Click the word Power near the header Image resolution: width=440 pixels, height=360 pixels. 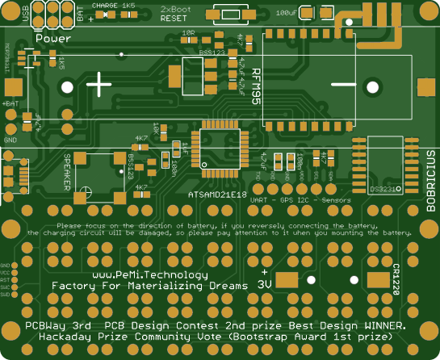tap(52, 38)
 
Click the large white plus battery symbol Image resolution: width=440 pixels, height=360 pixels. tap(98, 83)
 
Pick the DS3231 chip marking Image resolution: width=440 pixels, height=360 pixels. tap(383, 189)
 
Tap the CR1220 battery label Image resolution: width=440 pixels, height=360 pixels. tap(397, 279)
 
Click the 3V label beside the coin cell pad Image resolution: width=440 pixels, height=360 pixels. tap(265, 284)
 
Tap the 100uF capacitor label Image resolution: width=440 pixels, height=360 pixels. tap(287, 13)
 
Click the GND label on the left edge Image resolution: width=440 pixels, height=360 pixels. tap(10, 140)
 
